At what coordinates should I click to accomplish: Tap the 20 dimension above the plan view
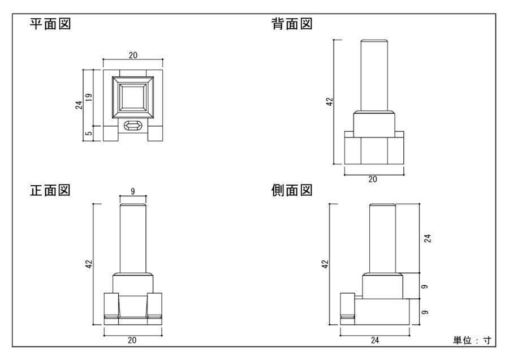(x=133, y=55)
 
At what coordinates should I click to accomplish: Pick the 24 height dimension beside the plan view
(x=79, y=105)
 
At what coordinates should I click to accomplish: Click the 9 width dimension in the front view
(x=132, y=192)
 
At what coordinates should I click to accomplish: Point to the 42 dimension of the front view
(x=89, y=264)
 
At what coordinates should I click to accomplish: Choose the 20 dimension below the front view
(x=132, y=340)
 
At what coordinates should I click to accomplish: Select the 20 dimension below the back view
(x=373, y=179)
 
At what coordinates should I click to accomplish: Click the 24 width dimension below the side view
(x=374, y=340)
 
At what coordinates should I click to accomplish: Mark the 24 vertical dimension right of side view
(x=427, y=238)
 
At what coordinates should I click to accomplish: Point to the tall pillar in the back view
(x=374, y=75)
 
